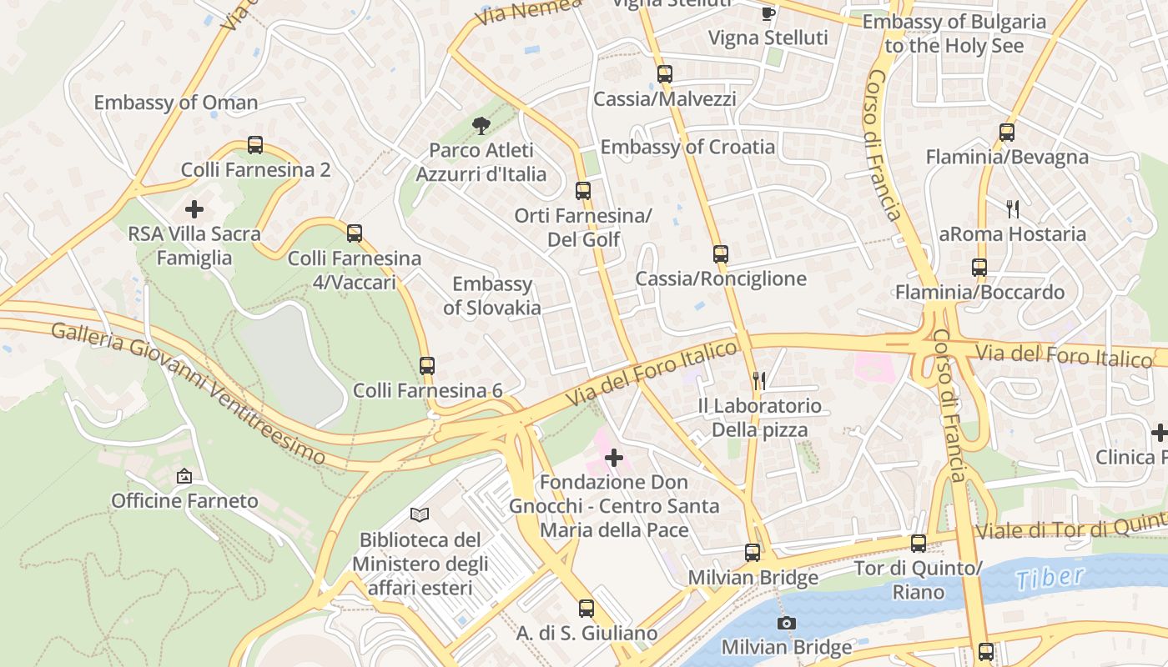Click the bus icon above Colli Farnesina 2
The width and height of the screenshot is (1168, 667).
[255, 145]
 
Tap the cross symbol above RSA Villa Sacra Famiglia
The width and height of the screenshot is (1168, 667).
[194, 208]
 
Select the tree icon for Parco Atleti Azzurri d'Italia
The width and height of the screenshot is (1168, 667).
[481, 126]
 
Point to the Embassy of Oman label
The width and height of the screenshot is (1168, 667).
[175, 103]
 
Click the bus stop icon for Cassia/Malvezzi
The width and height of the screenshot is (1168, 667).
[665, 74]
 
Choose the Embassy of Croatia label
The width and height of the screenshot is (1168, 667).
[687, 147]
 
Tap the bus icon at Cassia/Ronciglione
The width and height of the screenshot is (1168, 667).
[721, 254]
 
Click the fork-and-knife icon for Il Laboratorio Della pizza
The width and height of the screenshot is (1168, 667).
[759, 381]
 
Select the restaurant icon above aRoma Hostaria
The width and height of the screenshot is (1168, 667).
[1013, 208]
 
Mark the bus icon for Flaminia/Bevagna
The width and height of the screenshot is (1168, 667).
[1007, 133]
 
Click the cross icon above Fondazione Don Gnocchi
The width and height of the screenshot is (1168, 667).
[614, 458]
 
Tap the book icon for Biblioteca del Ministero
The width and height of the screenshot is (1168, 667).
[420, 515]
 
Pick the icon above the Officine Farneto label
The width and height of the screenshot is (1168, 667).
[184, 476]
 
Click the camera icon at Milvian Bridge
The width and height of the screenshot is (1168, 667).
[786, 623]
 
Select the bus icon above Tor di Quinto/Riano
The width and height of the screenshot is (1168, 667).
[919, 544]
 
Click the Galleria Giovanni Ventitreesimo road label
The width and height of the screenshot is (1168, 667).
[188, 391]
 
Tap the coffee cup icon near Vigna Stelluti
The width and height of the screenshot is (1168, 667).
[768, 13]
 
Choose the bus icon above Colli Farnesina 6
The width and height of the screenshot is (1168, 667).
[427, 365]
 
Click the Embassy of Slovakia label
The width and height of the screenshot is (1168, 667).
[492, 296]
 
